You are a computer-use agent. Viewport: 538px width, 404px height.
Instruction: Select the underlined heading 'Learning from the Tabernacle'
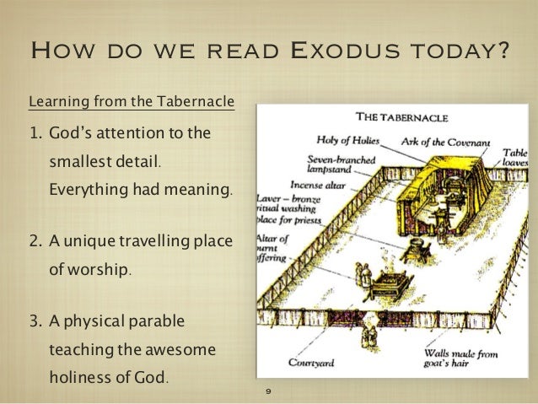coord(132,104)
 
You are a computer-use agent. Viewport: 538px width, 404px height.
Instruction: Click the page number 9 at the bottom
coord(267,392)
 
